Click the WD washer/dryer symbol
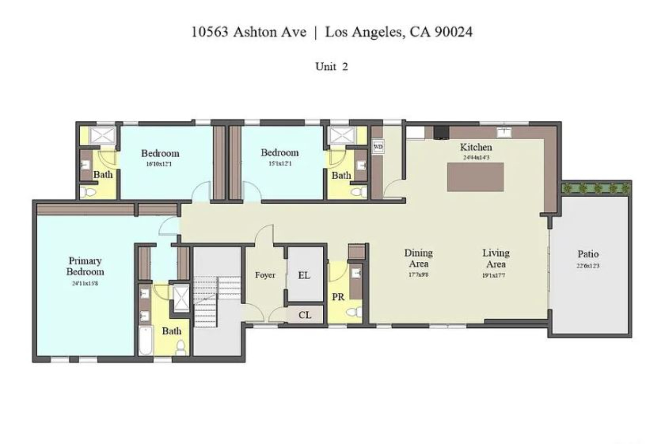click(x=378, y=147)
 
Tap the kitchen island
click(x=475, y=177)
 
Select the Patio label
click(x=588, y=254)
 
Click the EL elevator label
click(x=304, y=276)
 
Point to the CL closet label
click(x=304, y=315)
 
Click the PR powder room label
click(x=338, y=297)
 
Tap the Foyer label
click(x=265, y=275)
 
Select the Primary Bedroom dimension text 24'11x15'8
click(x=85, y=284)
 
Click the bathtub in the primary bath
click(x=146, y=340)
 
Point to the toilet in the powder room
click(x=354, y=312)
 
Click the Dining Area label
click(x=418, y=258)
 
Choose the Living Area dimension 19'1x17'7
click(x=496, y=276)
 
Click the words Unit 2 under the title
click(x=331, y=67)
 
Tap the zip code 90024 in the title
click(x=453, y=32)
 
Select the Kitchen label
click(x=476, y=147)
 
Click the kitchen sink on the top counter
click(x=504, y=132)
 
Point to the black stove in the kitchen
click(x=441, y=132)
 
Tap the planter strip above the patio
click(x=596, y=189)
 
